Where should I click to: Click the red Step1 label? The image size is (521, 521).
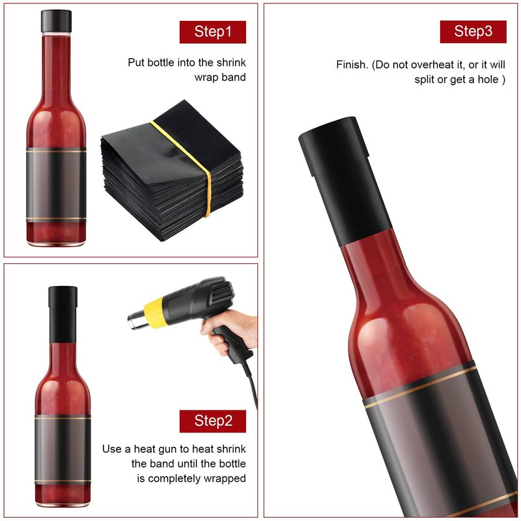coord(213,32)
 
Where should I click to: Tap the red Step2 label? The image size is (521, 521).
coord(213,421)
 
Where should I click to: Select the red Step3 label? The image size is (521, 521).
coord(473,31)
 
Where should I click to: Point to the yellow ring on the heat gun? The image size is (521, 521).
coord(154,313)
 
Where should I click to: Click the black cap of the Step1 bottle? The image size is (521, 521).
coord(56,21)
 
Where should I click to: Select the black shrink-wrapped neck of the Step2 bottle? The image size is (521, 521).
coord(63,314)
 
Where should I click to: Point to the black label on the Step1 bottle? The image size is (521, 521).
coord(56,184)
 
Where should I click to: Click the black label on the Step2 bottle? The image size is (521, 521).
coord(63,449)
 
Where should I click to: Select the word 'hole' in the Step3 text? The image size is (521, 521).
coord(488,79)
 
